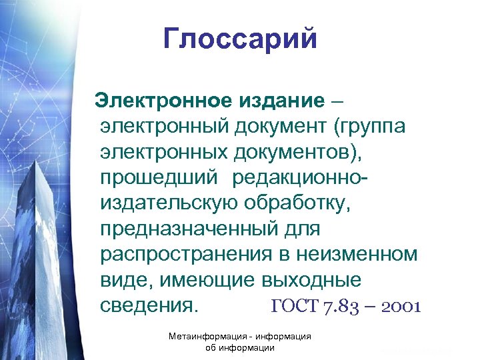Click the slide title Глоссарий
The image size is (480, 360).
[241, 39]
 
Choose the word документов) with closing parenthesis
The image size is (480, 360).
[299, 152]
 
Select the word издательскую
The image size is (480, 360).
[169, 203]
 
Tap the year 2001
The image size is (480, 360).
[393, 307]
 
